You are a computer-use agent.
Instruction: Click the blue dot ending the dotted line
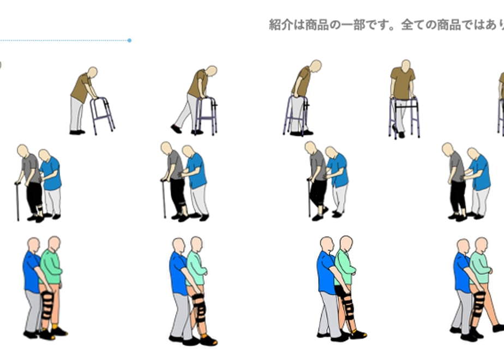(x=129, y=40)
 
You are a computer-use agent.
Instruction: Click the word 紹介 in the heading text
(x=280, y=25)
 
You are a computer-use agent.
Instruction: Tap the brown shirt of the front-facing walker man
(x=403, y=83)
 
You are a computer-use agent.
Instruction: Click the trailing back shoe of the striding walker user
(x=176, y=129)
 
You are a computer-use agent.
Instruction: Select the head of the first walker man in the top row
(x=93, y=72)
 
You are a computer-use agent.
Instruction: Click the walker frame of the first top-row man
(x=103, y=116)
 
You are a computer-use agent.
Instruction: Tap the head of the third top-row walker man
(x=315, y=65)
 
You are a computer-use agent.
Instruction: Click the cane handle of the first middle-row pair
(x=17, y=183)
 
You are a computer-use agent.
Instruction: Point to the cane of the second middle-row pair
(x=164, y=199)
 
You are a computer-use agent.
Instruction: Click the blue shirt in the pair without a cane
(x=480, y=172)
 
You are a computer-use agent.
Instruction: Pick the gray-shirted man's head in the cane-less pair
(x=448, y=149)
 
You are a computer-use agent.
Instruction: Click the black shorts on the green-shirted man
(x=341, y=291)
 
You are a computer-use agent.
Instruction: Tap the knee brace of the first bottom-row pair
(x=47, y=304)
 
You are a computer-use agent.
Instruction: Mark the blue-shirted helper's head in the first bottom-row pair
(x=33, y=245)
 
